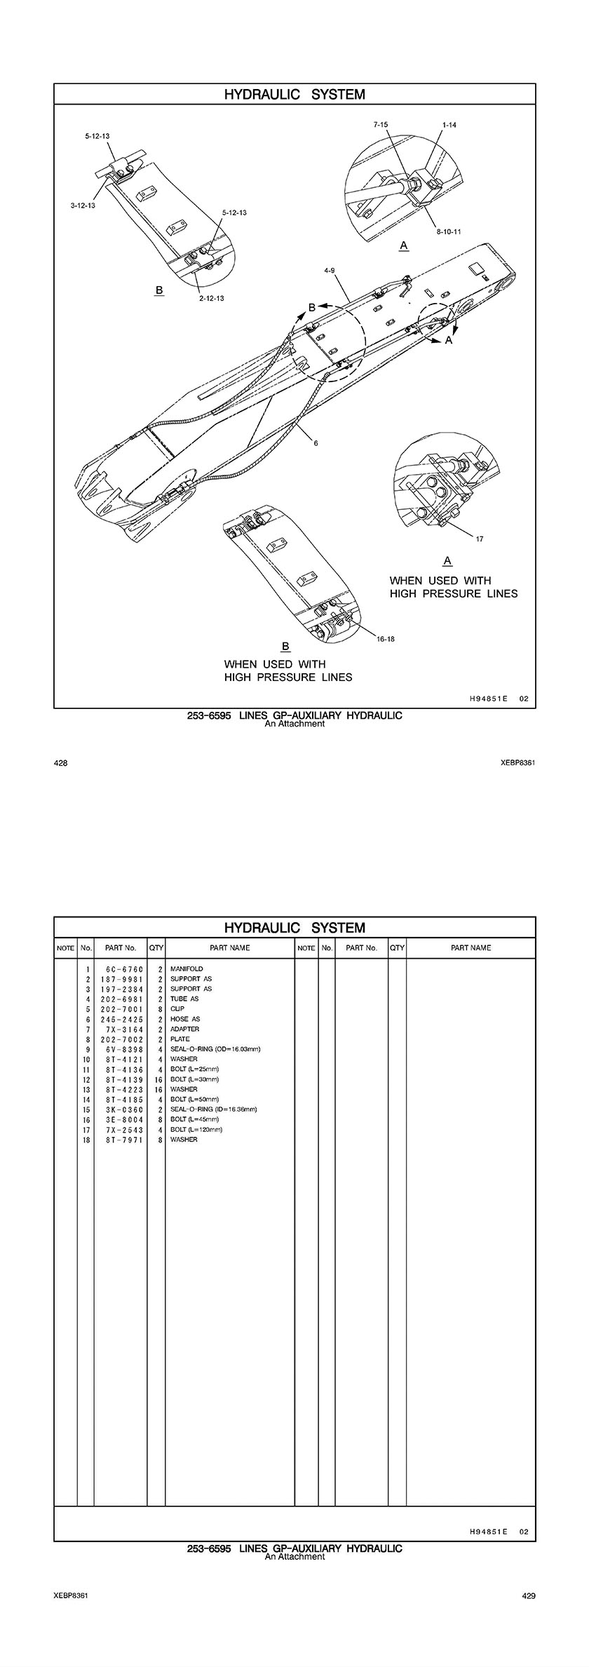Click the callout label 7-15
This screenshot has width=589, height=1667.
tap(381, 124)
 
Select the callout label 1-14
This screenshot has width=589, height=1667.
tap(449, 124)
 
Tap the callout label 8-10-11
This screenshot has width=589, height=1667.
tap(447, 231)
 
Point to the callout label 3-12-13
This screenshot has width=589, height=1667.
tap(83, 205)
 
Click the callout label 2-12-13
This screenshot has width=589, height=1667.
tap(211, 298)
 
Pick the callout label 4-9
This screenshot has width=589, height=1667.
tap(329, 270)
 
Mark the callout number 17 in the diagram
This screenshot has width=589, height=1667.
tap(480, 539)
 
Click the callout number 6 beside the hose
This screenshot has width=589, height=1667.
tap(316, 443)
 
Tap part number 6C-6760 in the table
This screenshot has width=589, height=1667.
tap(121, 969)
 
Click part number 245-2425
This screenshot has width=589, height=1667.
tap(121, 1019)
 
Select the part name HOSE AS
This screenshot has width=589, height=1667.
tap(185, 1019)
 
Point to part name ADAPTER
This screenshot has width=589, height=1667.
tap(184, 1029)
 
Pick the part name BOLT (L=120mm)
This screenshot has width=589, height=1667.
tap(196, 1130)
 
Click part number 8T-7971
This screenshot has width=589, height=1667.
tap(121, 1140)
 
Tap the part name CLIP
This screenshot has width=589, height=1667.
tap(177, 1008)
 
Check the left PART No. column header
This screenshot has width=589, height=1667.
tap(121, 947)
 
